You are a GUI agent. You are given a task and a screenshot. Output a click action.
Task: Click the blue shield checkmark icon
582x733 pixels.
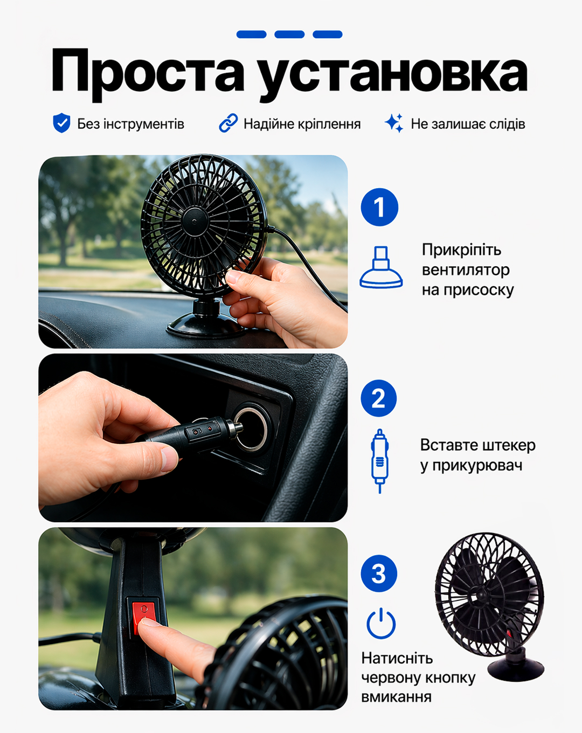tap(61, 123)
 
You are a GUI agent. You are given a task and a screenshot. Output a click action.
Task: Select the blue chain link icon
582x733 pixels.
tap(228, 123)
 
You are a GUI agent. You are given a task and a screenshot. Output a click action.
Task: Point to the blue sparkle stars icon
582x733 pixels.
tap(394, 123)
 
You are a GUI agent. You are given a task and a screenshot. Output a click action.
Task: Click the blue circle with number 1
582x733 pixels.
tap(379, 207)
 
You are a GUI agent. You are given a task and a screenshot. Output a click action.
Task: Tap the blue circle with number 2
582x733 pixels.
tap(379, 398)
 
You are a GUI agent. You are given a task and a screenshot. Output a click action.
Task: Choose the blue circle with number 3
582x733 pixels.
tap(379, 573)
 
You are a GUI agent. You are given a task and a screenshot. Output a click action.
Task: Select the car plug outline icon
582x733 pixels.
tap(380, 461)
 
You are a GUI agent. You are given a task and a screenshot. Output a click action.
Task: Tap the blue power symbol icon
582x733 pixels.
tap(381, 624)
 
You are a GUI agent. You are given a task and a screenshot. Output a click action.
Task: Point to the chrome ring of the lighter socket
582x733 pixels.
tap(251, 428)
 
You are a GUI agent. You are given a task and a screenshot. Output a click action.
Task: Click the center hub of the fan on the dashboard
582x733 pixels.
tap(194, 219)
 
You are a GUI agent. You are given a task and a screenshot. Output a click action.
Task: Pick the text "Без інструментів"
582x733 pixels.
tap(130, 124)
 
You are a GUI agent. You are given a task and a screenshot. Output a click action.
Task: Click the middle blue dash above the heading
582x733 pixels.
tap(289, 34)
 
